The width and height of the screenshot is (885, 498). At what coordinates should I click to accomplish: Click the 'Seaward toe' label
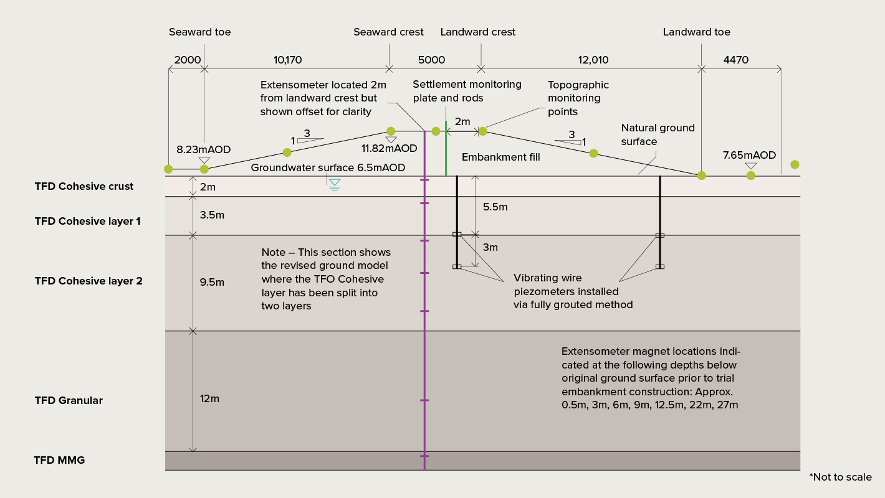tap(199, 32)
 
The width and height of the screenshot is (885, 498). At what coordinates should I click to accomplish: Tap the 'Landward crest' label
tap(478, 32)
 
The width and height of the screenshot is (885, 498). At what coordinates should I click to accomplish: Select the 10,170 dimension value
tap(287, 60)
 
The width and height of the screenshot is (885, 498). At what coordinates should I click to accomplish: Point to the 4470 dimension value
tap(735, 60)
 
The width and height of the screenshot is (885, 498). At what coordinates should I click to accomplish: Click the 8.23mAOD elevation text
tap(204, 149)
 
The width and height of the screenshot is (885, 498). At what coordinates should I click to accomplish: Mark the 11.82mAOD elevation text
tap(390, 149)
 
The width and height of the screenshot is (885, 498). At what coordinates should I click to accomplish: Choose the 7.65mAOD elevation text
tap(749, 155)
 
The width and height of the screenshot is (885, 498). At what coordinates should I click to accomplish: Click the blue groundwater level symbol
tap(335, 184)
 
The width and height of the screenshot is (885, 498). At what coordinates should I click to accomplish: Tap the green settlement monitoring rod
tap(446, 149)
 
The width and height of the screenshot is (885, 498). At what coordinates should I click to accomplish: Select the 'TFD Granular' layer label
tap(69, 400)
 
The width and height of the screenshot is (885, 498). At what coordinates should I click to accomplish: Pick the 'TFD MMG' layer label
tap(59, 461)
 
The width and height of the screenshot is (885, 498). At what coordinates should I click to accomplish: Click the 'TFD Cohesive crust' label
tap(84, 186)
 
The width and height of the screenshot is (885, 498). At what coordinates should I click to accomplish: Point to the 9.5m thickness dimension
tap(211, 282)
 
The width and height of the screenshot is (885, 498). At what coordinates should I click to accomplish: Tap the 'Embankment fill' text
tap(500, 157)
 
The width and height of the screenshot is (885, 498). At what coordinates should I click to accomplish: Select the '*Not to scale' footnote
tap(840, 477)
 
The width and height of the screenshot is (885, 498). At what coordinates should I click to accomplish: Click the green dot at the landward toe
tap(702, 176)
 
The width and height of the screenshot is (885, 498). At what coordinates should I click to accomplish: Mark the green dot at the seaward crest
tap(391, 131)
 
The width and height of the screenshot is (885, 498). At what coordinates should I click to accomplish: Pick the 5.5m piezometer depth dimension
tap(495, 207)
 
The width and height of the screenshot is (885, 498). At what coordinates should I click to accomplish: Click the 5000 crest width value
tap(431, 60)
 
